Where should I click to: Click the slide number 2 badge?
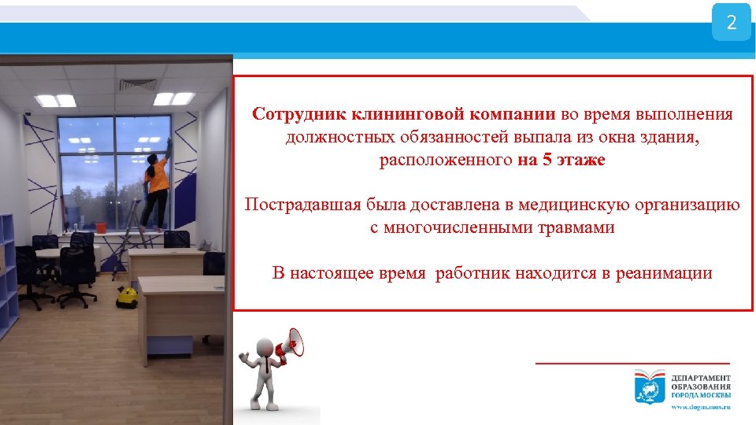pyautogui.click(x=731, y=23)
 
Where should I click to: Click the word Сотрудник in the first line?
pyautogui.click(x=288, y=114)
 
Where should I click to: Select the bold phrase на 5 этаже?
pyautogui.click(x=561, y=161)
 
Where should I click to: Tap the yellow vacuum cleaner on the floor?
pyautogui.click(x=126, y=297)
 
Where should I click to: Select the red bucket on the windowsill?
pyautogui.click(x=102, y=227)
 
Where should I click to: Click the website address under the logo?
pyautogui.click(x=700, y=407)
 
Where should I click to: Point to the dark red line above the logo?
pyautogui.click(x=632, y=363)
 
